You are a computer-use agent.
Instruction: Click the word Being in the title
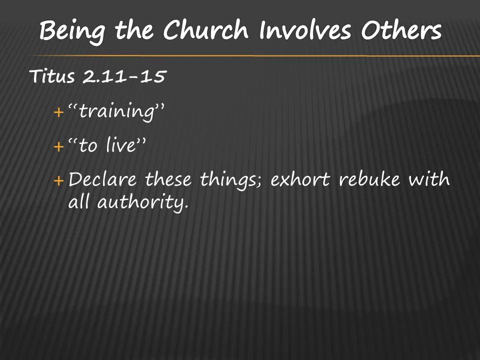pos(74,32)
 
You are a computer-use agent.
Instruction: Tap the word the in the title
pos(133,32)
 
